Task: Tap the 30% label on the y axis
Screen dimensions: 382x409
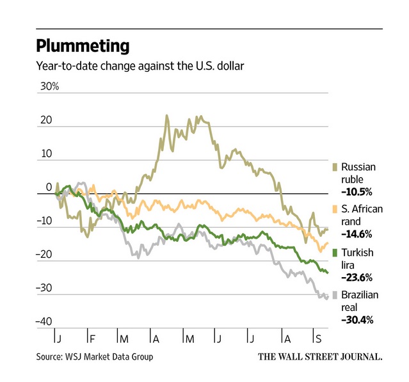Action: click(48, 86)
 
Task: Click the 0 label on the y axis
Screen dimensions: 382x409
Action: click(48, 187)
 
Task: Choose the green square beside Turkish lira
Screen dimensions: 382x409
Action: click(336, 253)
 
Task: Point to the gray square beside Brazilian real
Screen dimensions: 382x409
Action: click(336, 296)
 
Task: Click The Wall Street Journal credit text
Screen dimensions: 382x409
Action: click(320, 356)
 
